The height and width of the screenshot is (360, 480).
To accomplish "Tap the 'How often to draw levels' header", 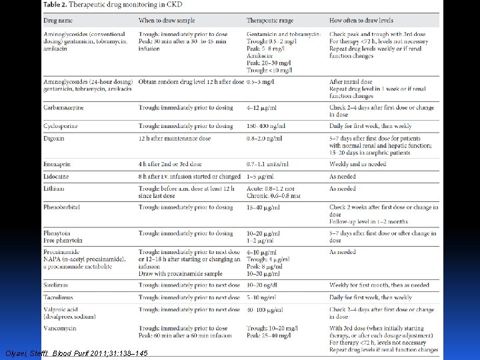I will tap(361, 21).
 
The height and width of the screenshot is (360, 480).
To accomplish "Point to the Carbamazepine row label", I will tap(63, 107).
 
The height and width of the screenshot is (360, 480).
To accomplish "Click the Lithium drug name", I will tap(53, 189).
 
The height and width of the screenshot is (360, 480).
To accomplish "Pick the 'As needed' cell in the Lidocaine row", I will tap(343, 177).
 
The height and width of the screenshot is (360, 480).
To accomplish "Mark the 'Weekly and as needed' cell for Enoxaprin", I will tap(357, 164).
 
